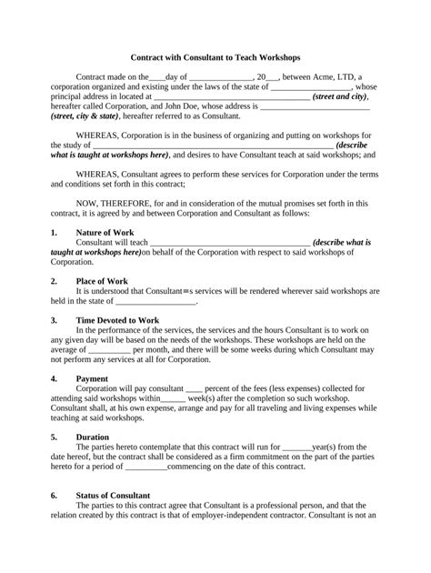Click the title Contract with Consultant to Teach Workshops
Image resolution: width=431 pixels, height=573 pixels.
click(215, 56)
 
